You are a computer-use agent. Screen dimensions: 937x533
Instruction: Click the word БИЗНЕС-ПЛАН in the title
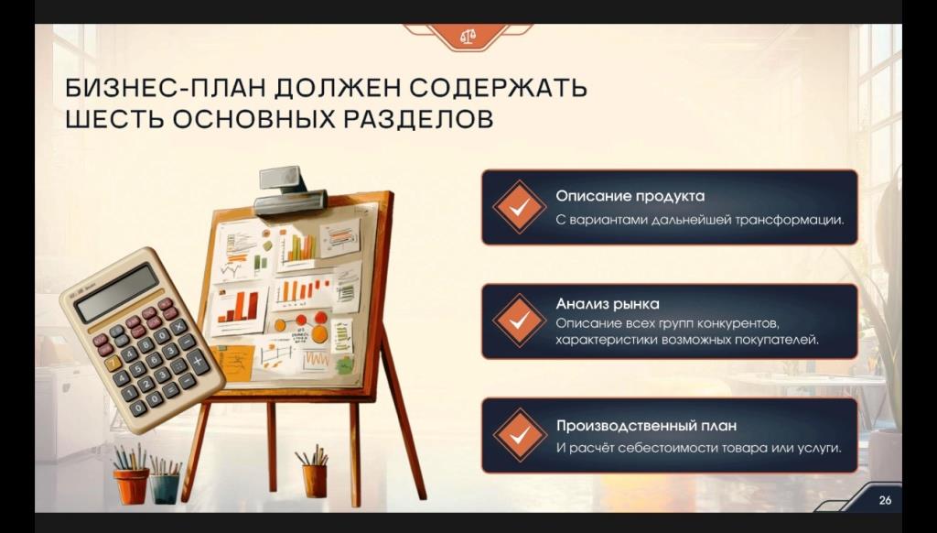(164, 88)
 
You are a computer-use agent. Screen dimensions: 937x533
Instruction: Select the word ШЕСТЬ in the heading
(113, 119)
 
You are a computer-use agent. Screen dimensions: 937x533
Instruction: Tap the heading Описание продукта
(630, 196)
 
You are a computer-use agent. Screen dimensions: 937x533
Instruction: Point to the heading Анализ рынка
(608, 304)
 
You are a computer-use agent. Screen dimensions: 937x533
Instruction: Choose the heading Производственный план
(647, 426)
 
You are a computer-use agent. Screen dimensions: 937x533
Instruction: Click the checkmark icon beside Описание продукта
(520, 207)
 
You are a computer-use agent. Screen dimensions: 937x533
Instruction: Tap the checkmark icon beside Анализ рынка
(520, 321)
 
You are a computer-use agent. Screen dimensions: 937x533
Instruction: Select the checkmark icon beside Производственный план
(520, 435)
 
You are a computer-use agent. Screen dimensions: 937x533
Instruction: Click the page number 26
(885, 499)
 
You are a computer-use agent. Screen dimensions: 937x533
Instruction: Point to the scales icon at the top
(468, 37)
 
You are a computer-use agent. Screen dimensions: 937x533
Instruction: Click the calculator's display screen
(118, 292)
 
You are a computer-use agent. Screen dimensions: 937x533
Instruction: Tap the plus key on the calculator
(198, 361)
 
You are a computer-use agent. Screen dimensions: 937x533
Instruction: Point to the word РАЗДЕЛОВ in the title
(418, 119)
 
